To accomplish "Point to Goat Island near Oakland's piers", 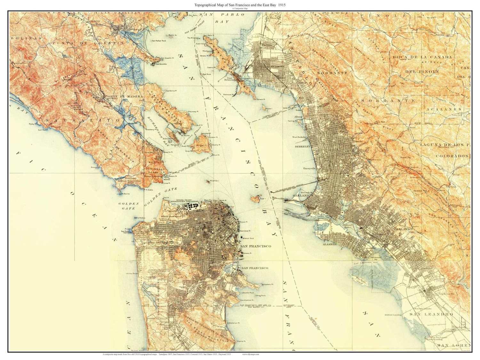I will tap(256, 199).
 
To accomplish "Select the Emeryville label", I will tap(309, 168).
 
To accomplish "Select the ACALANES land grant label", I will tap(443, 109).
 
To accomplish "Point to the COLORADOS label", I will tap(452, 156).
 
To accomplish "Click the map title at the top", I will tap(240, 5).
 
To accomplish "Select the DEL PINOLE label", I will tap(422, 72).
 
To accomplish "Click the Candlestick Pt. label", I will tap(247, 300).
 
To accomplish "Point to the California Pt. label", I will tap(171, 91).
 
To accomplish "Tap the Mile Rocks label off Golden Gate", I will tap(140, 218).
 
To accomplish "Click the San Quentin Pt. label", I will tap(167, 58).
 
